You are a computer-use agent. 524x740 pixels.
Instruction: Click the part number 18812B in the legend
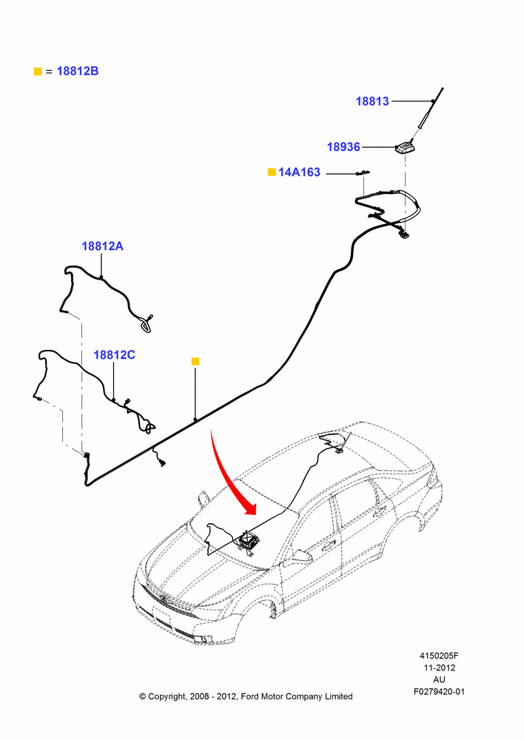(78, 71)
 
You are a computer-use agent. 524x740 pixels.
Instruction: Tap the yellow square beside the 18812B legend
(38, 71)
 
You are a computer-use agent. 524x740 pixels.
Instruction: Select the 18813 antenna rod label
(372, 101)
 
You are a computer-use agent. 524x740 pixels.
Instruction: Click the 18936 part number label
(343, 147)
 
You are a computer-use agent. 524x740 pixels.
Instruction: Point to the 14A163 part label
(299, 172)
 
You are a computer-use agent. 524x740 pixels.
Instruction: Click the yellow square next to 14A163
(272, 172)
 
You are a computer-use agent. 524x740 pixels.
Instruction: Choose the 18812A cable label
(102, 246)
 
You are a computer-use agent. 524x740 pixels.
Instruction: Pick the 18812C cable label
(114, 354)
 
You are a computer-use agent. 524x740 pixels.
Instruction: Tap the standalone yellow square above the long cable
(195, 362)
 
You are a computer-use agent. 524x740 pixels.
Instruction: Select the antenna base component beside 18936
(404, 148)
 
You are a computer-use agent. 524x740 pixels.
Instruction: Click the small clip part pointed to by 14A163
(363, 173)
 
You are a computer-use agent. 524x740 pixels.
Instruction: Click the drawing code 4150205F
(439, 656)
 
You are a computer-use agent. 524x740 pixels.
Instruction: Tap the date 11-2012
(439, 667)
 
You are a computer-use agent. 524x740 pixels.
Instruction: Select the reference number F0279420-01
(439, 692)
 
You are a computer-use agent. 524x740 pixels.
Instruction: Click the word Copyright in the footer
(167, 696)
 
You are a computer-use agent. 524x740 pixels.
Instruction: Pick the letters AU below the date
(439, 679)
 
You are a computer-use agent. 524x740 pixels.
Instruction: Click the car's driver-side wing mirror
(301, 556)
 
